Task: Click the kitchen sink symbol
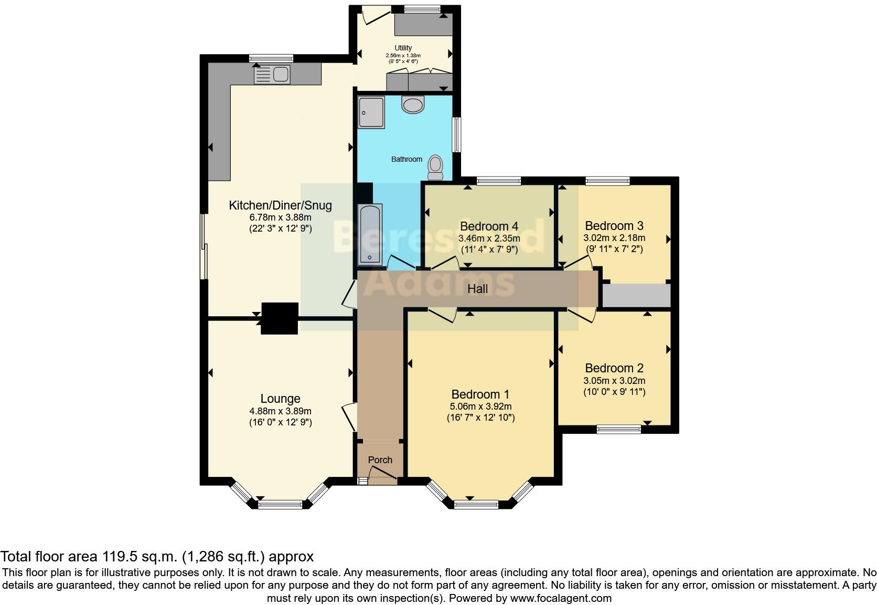272,75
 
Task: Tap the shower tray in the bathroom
371,112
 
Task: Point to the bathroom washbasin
413,104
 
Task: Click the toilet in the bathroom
435,165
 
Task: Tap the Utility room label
403,48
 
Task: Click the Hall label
477,288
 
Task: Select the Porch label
380,460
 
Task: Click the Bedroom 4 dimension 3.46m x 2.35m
489,238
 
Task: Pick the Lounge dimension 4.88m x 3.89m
280,411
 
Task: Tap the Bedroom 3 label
614,226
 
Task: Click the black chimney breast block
280,318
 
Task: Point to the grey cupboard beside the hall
636,296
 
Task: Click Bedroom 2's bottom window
619,430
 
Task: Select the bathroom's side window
457,134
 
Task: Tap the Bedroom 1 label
480,394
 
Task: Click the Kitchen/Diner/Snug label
280,205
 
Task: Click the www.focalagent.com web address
561,598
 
